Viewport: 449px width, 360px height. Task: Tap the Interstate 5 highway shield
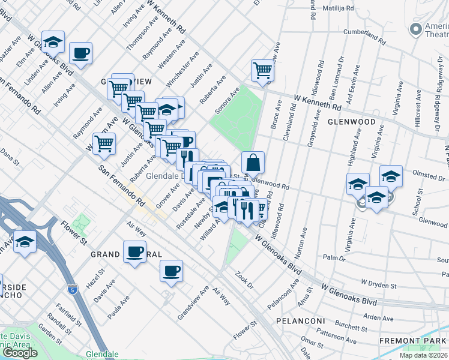pos(72,289)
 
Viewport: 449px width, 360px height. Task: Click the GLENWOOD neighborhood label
pos(352,122)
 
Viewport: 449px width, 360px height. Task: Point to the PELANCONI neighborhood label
pos(300,321)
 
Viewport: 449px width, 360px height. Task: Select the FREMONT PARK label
pos(414,341)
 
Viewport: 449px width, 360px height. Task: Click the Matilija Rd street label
pos(338,9)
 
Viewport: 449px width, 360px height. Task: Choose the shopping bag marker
pos(253,162)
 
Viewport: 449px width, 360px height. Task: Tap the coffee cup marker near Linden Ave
pos(80,53)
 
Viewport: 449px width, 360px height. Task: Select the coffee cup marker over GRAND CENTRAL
pos(134,251)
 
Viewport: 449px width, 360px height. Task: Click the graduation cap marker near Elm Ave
pos(53,41)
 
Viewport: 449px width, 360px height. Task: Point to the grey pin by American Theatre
pos(415,29)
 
